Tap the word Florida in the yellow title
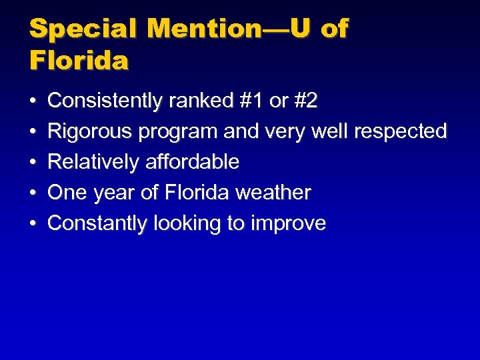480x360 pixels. (x=79, y=61)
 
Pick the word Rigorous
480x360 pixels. (x=90, y=132)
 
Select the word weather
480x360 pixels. (x=274, y=193)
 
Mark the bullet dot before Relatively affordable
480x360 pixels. (x=33, y=163)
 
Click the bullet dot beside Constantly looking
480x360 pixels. (x=33, y=224)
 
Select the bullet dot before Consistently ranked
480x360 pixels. (x=33, y=102)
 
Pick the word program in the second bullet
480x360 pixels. (x=178, y=132)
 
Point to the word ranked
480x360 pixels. (x=198, y=101)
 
